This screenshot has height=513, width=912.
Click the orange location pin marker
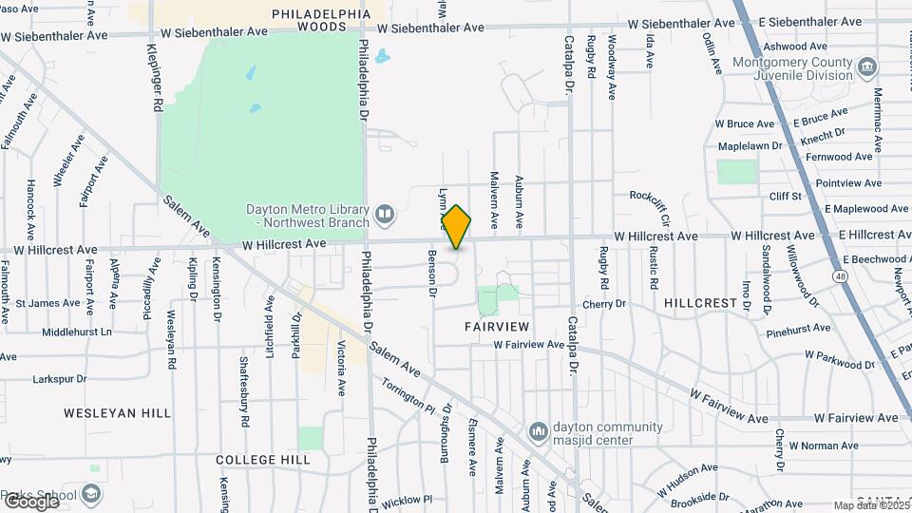457,226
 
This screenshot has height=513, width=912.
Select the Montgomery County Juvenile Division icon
866,67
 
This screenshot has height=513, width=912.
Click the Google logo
31,500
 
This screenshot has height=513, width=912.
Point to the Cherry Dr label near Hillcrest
604,304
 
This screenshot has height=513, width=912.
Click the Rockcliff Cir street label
656,196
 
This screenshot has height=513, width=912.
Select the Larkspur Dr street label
60,378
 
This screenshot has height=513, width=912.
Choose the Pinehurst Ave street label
798,331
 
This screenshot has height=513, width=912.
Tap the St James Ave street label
47,303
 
